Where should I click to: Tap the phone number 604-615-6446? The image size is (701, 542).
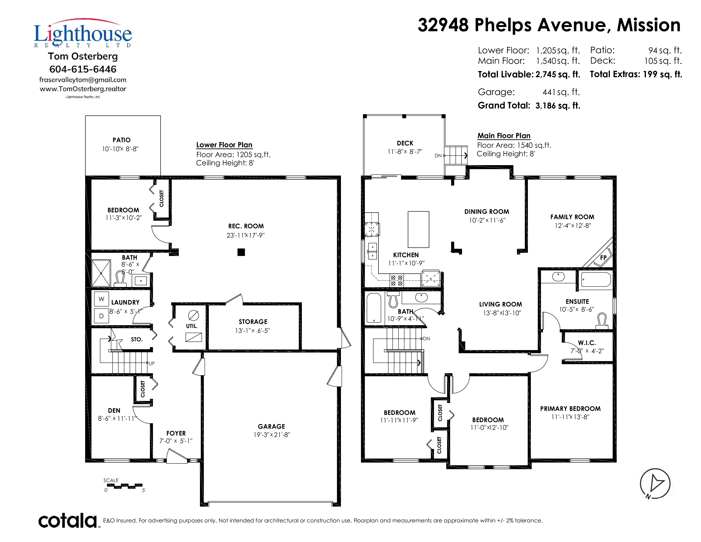pos(83,69)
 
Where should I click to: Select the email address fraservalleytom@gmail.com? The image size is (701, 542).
pos(83,80)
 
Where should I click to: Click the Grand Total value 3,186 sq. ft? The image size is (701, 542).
pos(558,106)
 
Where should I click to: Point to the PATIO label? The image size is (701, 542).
pos(121,140)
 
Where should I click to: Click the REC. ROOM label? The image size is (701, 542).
pos(246,226)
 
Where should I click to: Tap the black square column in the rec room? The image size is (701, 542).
pos(241,252)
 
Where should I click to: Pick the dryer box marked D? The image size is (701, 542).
pos(101,316)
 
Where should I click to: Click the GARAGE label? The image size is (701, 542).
pos(271,426)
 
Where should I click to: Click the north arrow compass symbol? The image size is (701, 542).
pos(655,484)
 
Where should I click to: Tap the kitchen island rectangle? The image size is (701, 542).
pos(418,229)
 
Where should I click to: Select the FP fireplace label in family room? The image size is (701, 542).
pos(603,258)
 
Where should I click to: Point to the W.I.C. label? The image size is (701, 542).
pos(587,343)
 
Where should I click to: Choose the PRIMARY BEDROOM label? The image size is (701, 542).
pos(570,409)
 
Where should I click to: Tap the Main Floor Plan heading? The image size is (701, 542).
pos(504,136)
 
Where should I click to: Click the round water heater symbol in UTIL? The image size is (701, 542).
pos(193,315)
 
